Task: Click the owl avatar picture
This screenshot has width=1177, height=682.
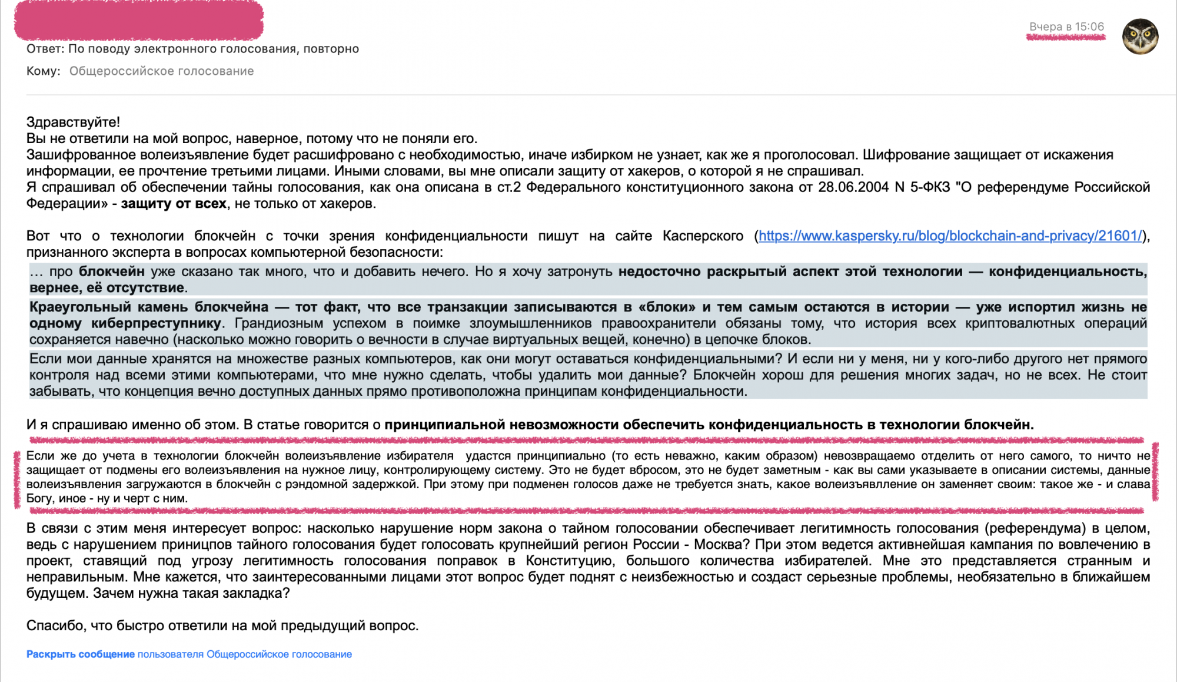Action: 1140,36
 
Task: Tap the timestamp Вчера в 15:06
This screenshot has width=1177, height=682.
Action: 1066,27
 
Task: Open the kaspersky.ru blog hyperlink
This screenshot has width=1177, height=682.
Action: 950,236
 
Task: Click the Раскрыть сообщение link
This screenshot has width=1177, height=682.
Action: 81,654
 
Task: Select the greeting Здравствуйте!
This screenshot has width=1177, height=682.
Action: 73,122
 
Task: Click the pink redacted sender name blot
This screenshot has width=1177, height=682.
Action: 139,21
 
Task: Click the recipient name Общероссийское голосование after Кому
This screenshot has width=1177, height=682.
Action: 162,71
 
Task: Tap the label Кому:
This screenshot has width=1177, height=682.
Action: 44,71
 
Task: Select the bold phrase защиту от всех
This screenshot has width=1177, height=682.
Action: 174,204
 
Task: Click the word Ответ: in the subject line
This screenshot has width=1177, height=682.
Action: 45,49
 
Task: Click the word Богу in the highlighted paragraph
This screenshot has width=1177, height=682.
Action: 39,498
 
